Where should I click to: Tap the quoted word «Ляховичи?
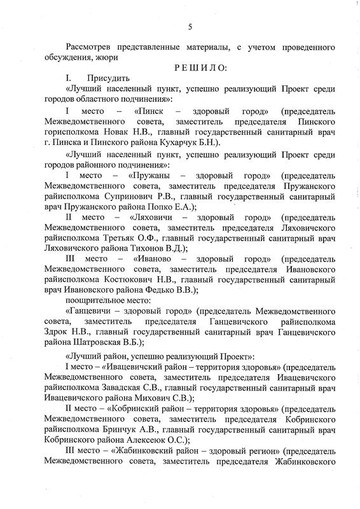[x=150, y=218]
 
